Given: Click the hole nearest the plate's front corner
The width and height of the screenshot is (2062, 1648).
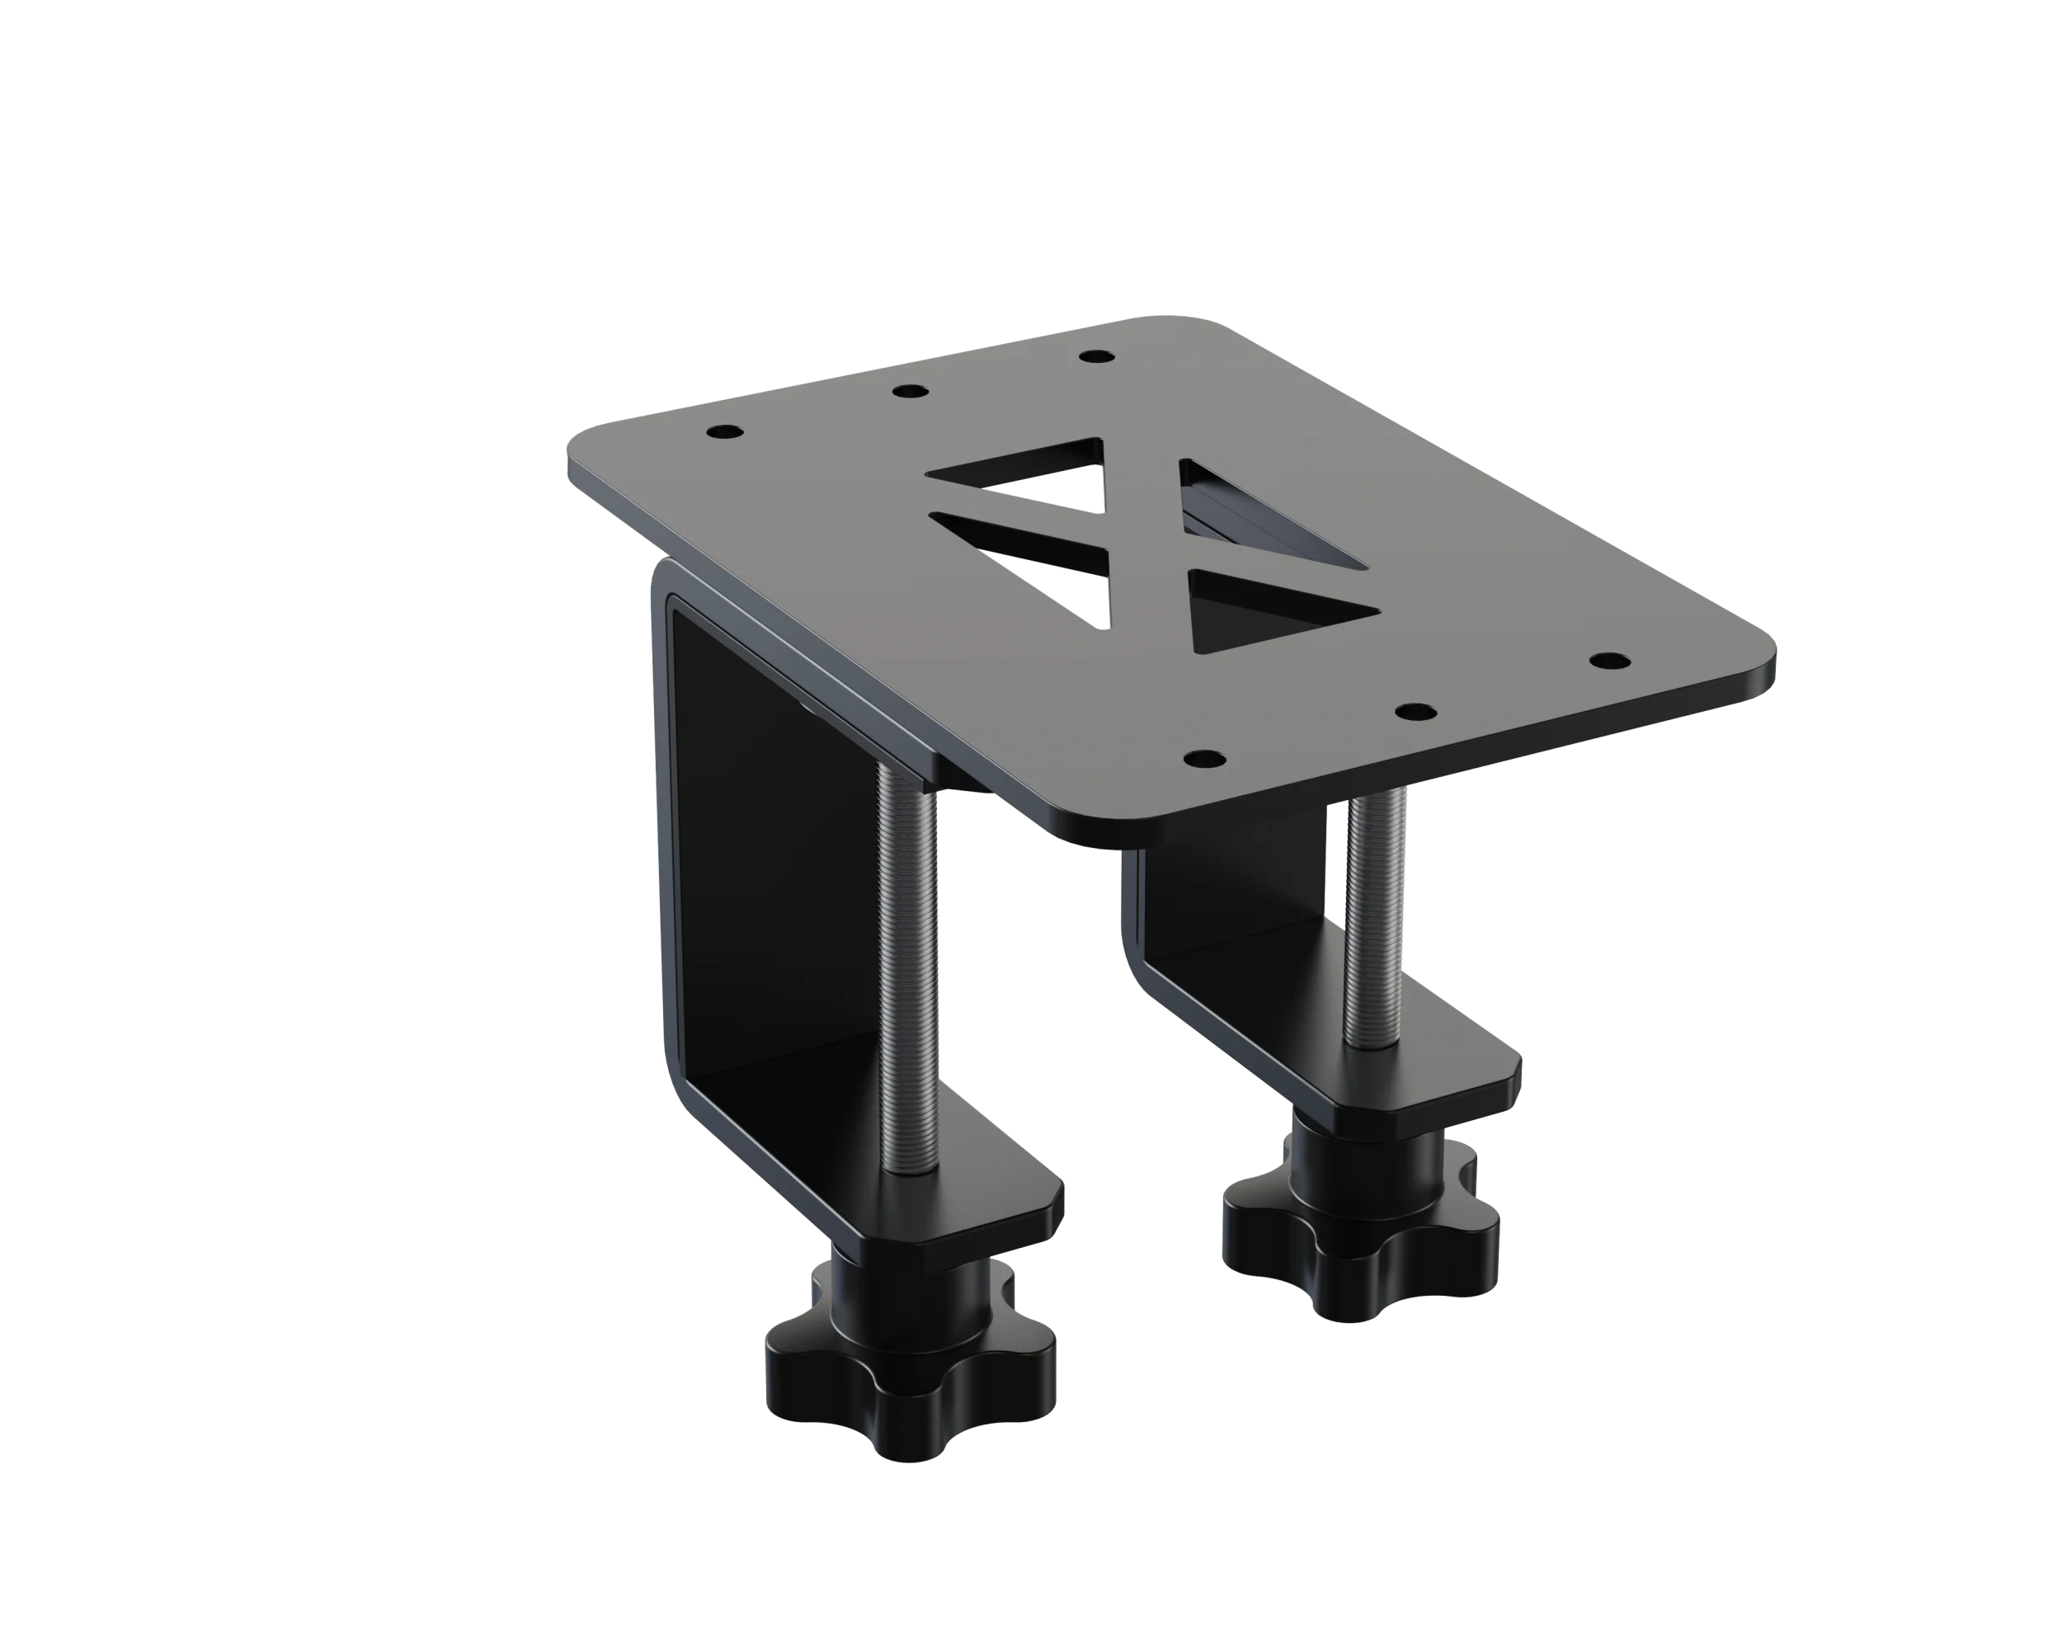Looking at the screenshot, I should point(1205,760).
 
